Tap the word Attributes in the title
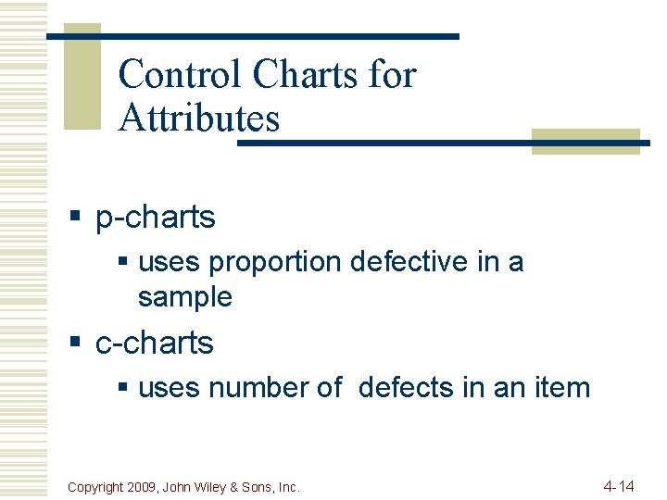click(x=199, y=119)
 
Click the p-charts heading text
click(x=156, y=218)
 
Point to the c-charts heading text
click(x=155, y=343)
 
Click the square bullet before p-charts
click(x=77, y=219)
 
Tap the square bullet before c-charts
click(x=77, y=344)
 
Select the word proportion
click(x=275, y=263)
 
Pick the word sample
click(x=184, y=297)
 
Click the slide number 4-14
click(x=618, y=486)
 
